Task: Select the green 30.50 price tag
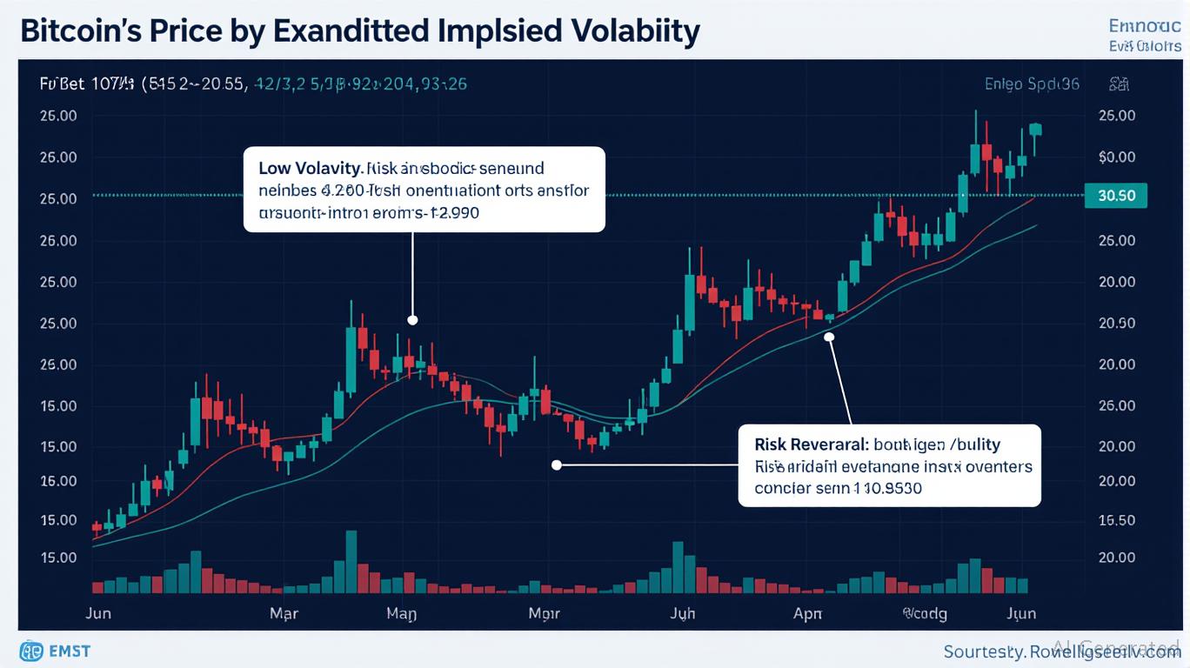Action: pos(1116,196)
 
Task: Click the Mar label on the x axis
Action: pos(284,613)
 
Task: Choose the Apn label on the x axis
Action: pos(807,613)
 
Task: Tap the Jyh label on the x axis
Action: pos(683,613)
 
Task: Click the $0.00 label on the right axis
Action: pos(1117,157)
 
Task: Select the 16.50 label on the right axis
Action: pos(1117,520)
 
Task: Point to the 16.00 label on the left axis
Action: pos(57,480)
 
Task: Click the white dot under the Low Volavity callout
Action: pos(412,320)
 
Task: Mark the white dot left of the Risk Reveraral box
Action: pos(557,465)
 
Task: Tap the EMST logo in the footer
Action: pos(54,651)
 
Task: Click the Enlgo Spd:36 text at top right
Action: pos(1032,84)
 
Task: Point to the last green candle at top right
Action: pos(1035,129)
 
